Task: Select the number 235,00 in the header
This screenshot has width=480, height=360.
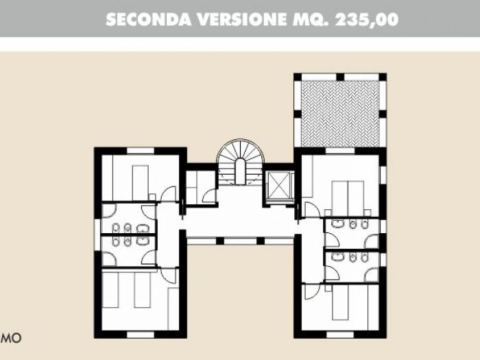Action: tap(367, 19)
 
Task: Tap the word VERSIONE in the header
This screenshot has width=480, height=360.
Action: tap(237, 19)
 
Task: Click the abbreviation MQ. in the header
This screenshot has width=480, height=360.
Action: tap(312, 19)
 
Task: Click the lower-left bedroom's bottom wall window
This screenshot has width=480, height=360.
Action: tap(140, 334)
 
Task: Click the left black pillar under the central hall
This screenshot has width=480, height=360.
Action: tap(220, 241)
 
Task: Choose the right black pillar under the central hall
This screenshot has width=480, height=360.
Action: tap(260, 241)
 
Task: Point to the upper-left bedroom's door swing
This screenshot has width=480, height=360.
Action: tap(169, 193)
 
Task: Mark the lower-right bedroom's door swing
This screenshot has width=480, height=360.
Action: tap(312, 291)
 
